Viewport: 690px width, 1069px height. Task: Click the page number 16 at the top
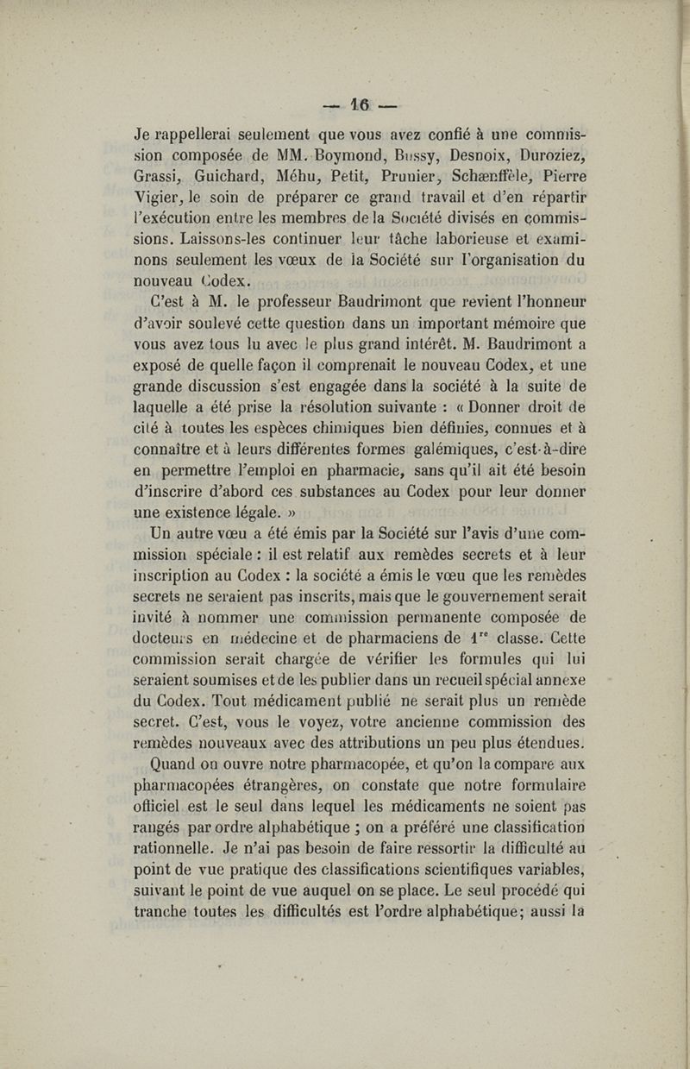360,105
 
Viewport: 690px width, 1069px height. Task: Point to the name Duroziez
551,156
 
